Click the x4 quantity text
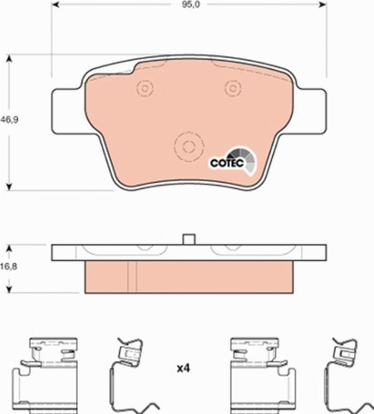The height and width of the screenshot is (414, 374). [183, 369]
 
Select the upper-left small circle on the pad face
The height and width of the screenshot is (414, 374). [145, 89]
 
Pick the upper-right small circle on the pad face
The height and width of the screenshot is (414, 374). [233, 89]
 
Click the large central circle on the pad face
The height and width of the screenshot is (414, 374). [188, 147]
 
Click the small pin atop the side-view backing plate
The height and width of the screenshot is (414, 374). [189, 239]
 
